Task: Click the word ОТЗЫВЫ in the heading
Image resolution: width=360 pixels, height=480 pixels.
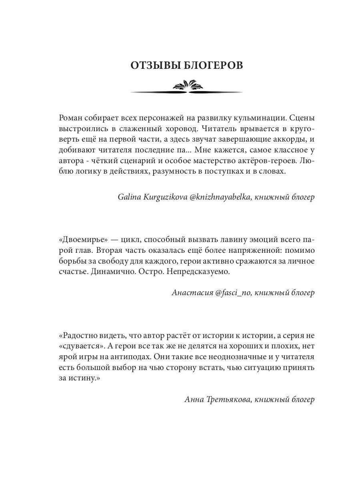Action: coord(151,66)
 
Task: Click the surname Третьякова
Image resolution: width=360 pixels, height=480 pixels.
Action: coord(227,399)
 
